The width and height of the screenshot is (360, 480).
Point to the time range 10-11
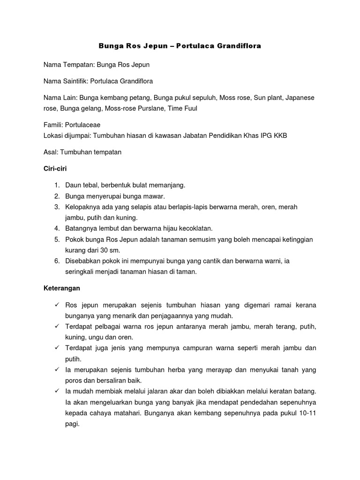coord(306,413)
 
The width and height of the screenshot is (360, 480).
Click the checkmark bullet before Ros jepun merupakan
coord(56,305)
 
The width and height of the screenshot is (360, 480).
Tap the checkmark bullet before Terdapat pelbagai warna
coord(56,327)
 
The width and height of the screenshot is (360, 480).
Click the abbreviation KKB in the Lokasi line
coord(279,135)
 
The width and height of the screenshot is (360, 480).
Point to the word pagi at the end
coord(72,424)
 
